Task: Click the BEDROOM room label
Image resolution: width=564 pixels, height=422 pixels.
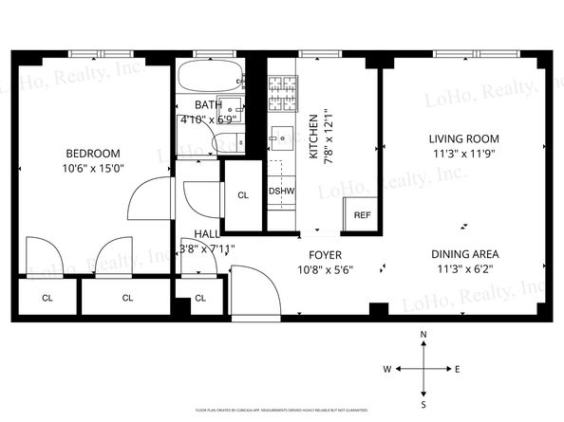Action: (x=92, y=154)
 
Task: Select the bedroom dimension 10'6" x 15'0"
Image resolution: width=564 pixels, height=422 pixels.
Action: (x=92, y=169)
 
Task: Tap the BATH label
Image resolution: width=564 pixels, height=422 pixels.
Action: (x=209, y=104)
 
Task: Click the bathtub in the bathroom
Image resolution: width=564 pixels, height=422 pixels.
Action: (x=208, y=77)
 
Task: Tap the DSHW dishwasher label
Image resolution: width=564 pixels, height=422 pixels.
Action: (x=282, y=192)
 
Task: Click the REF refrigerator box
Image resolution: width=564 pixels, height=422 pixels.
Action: (x=362, y=215)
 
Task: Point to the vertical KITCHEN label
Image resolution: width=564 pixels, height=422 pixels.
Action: (x=312, y=138)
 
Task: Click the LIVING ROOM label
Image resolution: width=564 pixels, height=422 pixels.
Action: (x=464, y=138)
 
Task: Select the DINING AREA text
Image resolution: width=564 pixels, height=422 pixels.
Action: (x=464, y=253)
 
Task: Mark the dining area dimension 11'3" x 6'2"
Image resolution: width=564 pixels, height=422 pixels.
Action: (x=464, y=268)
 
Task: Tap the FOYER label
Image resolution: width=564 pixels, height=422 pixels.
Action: (x=326, y=254)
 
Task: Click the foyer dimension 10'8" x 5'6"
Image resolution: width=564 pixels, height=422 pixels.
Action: (x=326, y=269)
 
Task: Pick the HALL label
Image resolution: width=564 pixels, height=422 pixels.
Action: (x=206, y=234)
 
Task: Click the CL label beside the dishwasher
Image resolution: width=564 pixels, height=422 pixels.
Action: (x=243, y=195)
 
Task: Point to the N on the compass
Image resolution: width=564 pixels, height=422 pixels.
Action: (x=423, y=335)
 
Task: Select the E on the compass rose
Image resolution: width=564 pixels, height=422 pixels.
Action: (x=458, y=369)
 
